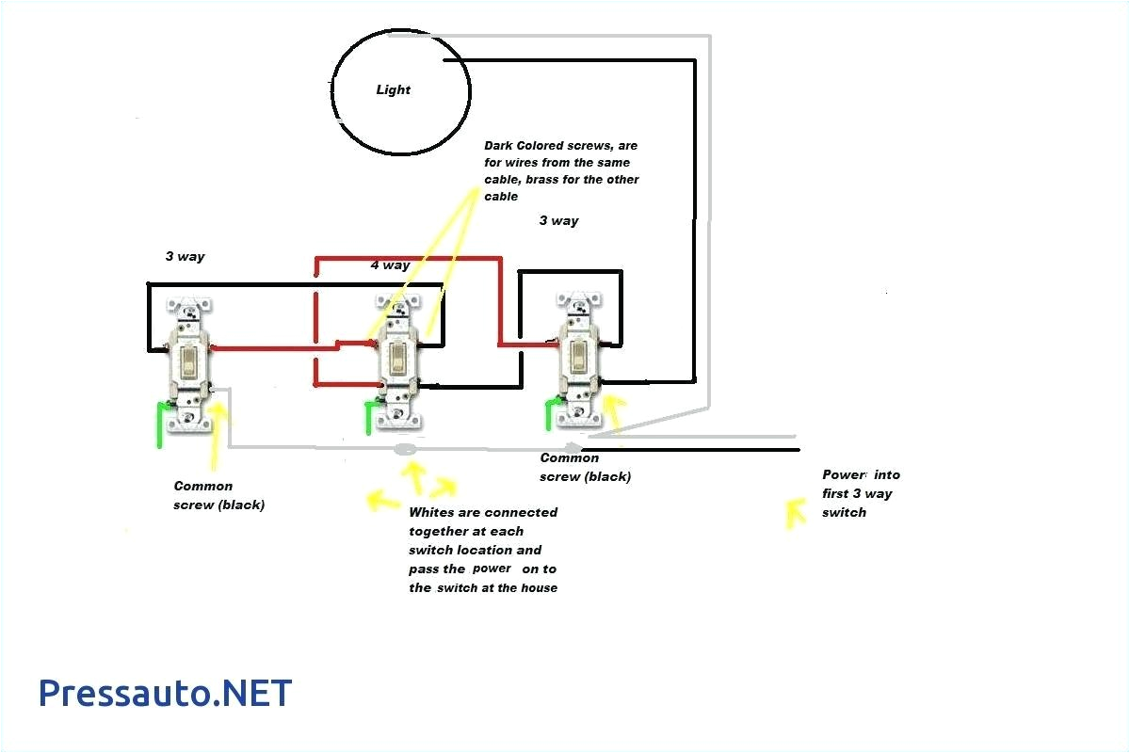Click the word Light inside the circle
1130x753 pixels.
pyautogui.click(x=393, y=90)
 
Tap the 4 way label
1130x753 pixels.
pyautogui.click(x=389, y=265)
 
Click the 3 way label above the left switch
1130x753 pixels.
pyautogui.click(x=185, y=256)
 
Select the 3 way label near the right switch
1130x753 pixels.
pyautogui.click(x=558, y=220)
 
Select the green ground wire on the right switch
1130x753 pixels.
pyautogui.click(x=549, y=415)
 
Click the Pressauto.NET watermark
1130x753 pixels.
pyautogui.click(x=165, y=693)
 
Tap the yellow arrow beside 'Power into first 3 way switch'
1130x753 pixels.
pyautogui.click(x=796, y=511)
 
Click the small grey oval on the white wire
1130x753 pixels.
pyautogui.click(x=406, y=450)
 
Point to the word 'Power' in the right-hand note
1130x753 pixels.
pyautogui.click(x=843, y=475)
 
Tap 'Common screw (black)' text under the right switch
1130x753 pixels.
pyautogui.click(x=585, y=467)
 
